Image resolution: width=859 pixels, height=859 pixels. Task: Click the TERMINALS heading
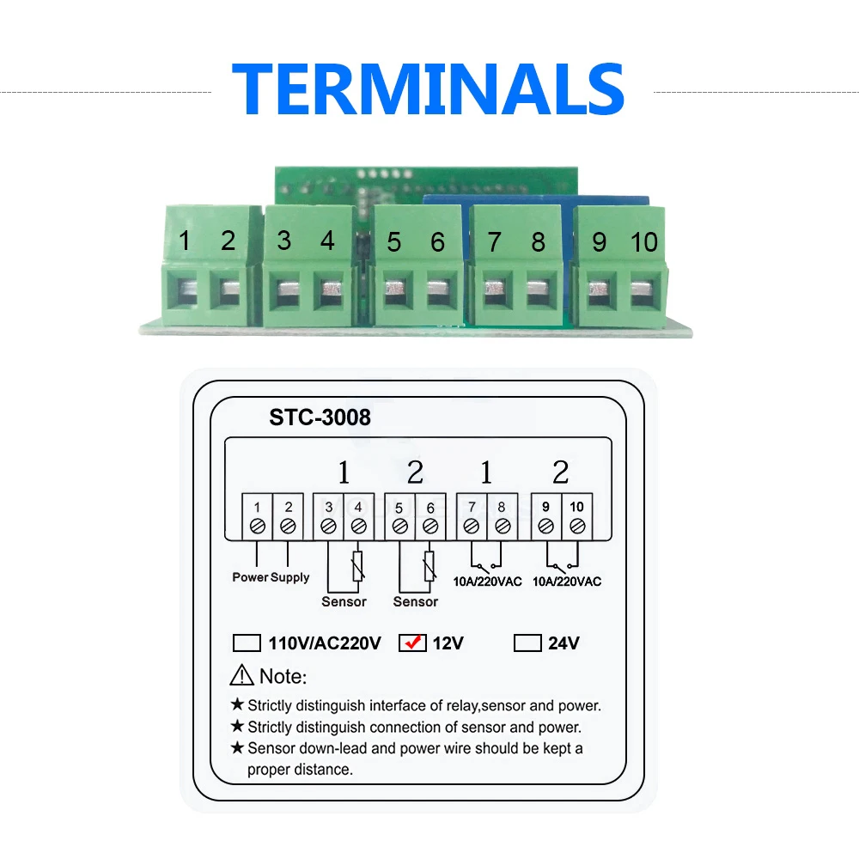(428, 88)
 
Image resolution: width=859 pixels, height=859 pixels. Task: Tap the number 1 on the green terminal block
(184, 241)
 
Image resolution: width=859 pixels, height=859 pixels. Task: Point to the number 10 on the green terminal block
(643, 242)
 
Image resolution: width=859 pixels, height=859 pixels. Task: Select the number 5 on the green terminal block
(393, 242)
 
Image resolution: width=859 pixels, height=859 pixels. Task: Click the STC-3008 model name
(320, 417)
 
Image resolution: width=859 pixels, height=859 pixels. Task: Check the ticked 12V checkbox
(413, 643)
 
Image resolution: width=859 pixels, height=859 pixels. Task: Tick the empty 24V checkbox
(527, 643)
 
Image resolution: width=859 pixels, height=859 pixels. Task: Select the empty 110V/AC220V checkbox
(247, 643)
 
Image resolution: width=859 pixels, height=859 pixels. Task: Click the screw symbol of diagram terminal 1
(257, 525)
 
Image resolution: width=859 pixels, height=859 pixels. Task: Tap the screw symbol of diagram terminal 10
(577, 524)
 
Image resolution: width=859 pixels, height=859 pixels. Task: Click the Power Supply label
(271, 577)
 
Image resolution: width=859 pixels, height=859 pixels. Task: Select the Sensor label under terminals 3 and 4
(344, 601)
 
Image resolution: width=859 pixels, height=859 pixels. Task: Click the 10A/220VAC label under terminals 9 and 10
(567, 582)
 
